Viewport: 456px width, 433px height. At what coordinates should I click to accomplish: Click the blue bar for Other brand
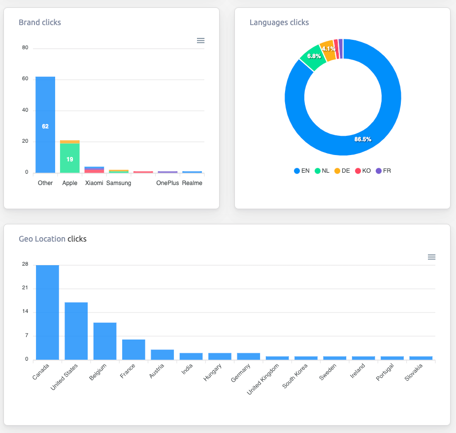tap(45, 125)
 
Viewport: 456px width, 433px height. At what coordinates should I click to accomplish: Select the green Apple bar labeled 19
tap(70, 158)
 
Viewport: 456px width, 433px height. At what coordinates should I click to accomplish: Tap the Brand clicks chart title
tap(40, 22)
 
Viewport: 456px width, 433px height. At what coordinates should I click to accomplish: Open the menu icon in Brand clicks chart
tap(200, 41)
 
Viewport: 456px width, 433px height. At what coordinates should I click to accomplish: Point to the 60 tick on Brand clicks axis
tap(25, 79)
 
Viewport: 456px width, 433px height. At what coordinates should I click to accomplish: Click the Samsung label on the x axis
tap(119, 183)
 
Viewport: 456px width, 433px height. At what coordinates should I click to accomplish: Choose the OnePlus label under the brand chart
tap(167, 183)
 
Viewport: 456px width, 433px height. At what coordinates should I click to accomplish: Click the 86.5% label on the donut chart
tap(363, 139)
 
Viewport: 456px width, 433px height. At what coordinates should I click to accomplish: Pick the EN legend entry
tap(301, 171)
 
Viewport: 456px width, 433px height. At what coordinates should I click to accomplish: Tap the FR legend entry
tap(383, 171)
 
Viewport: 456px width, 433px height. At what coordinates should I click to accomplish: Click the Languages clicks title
tap(279, 22)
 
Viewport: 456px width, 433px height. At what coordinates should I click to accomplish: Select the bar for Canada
tap(47, 312)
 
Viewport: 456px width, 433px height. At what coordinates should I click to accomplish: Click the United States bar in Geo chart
tap(76, 331)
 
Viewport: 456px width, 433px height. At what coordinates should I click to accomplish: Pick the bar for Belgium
tap(105, 341)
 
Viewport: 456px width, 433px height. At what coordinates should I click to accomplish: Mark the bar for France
tap(133, 349)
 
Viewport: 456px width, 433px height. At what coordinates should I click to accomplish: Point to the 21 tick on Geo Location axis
tap(25, 288)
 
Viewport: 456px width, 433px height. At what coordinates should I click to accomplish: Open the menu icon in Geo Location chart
tap(431, 257)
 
